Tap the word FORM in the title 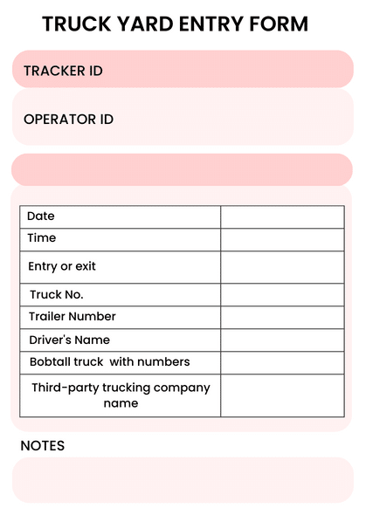277,24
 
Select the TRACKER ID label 63,71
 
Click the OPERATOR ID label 68,120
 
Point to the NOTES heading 43,446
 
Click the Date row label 41,216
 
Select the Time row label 42,238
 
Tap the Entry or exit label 62,266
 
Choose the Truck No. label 57,295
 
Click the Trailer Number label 73,317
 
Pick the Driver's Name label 70,340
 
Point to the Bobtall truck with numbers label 110,361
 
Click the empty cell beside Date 282,216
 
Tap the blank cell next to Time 282,239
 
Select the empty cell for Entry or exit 282,267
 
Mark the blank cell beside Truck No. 282,295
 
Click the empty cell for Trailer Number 282,317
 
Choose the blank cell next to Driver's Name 282,340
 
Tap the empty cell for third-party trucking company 282,395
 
